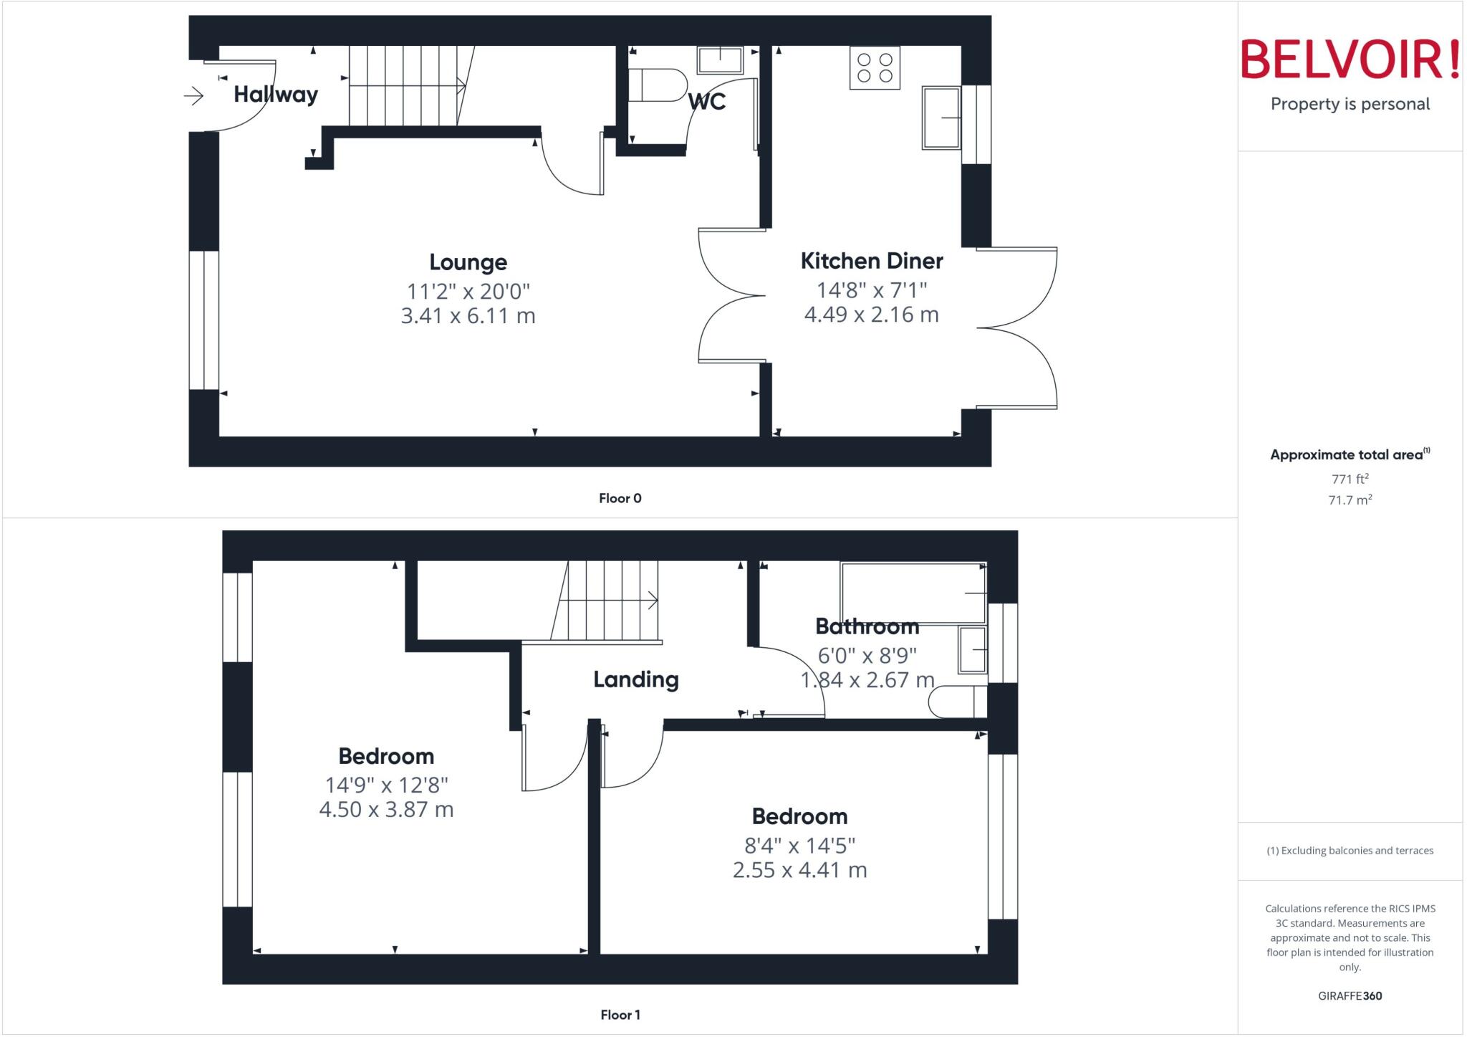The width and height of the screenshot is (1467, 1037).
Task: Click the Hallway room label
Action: click(276, 95)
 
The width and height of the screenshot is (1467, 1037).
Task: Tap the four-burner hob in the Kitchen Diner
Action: click(875, 68)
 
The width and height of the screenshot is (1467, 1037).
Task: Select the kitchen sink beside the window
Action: click(941, 118)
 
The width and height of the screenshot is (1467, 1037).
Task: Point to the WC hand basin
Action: click(720, 60)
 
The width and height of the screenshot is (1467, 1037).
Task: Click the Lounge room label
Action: click(468, 262)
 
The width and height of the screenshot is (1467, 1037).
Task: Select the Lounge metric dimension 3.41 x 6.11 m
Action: click(468, 315)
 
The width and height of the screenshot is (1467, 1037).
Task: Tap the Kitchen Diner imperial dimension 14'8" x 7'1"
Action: click(872, 290)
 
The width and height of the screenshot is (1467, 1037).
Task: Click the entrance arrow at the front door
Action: click(193, 95)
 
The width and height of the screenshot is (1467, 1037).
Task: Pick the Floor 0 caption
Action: click(620, 498)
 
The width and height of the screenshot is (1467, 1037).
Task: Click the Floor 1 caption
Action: click(620, 1015)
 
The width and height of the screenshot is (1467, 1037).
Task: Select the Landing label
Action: click(636, 679)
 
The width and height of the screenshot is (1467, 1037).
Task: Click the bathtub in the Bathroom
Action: click(913, 593)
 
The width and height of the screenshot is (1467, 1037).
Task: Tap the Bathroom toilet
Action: click(957, 702)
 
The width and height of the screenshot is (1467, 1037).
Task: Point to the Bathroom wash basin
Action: click(972, 650)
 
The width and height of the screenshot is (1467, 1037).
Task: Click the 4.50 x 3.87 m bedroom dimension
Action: click(386, 810)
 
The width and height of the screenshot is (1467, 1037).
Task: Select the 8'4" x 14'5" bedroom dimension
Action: click(800, 846)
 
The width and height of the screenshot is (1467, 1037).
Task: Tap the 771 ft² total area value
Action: click(1350, 479)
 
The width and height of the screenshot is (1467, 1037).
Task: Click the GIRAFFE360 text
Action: click(1350, 995)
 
